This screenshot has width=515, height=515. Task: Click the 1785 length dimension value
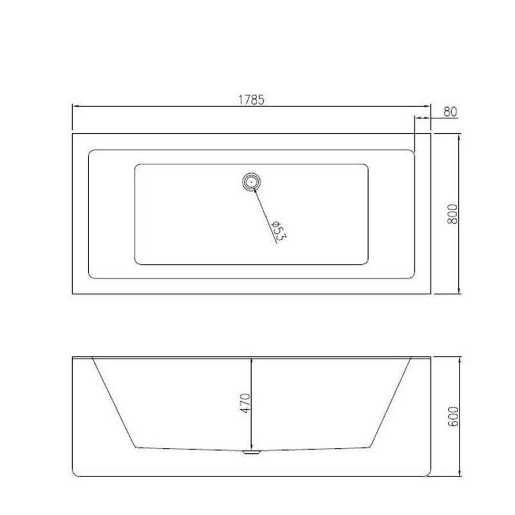(251, 99)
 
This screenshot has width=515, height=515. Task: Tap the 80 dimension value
(450, 111)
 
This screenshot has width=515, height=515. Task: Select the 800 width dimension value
(451, 213)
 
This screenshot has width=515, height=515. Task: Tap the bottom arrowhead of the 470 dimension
(251, 446)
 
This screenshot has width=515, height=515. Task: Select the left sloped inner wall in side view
(113, 403)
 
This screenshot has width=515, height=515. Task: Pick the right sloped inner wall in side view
(391, 403)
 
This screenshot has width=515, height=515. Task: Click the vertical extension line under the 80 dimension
(414, 134)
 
